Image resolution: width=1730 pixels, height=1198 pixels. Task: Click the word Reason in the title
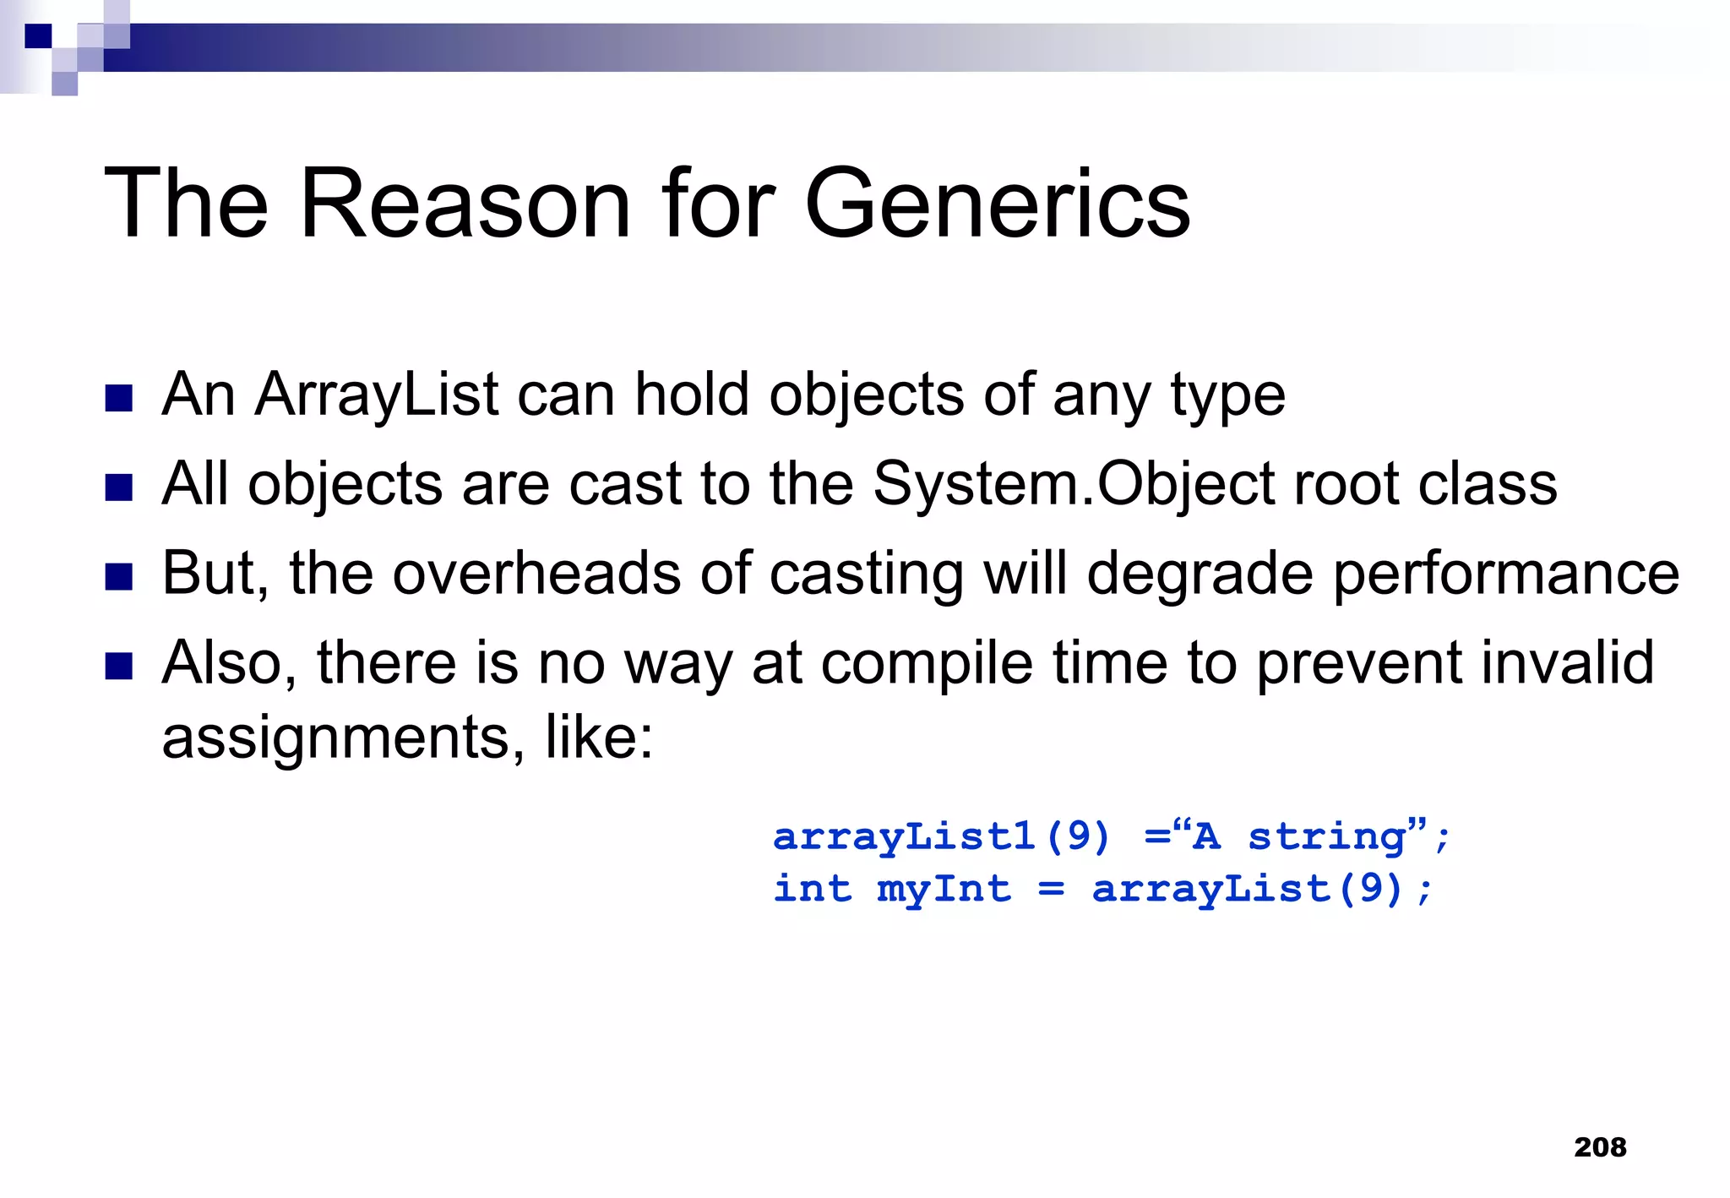pos(465,204)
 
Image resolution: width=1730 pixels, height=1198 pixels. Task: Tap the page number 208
pos(1600,1147)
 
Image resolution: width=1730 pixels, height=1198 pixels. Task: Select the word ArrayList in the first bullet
pos(377,395)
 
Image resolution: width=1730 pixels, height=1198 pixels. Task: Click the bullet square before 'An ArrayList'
pos(119,398)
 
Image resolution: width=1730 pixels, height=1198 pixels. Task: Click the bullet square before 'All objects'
pos(119,487)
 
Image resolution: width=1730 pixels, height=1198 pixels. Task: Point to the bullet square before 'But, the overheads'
pos(119,577)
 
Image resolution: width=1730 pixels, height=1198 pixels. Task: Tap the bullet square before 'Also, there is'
pos(119,667)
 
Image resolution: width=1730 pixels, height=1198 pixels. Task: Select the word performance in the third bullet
pos(1505,574)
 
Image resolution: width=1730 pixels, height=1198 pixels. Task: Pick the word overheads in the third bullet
pos(536,574)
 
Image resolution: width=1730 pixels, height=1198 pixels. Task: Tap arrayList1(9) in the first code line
pos(941,836)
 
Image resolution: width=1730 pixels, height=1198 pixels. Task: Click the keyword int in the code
pos(813,889)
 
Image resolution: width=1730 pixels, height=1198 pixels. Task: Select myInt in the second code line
pos(944,889)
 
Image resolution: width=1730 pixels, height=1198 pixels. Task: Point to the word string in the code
pos(1326,836)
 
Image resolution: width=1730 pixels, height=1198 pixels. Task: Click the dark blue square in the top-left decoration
pos(38,36)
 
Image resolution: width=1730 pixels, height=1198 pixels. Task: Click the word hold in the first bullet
pos(692,395)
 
